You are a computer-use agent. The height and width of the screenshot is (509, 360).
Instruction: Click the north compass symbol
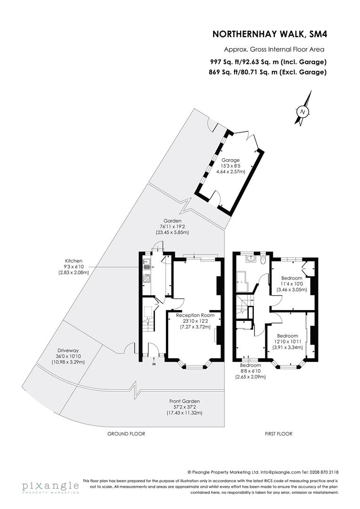pos(303,112)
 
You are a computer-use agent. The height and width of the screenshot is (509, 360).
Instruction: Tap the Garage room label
pos(231,160)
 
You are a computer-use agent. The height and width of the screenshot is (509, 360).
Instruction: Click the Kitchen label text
pos(74,260)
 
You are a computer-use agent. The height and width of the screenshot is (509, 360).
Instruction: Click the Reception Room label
pos(195,315)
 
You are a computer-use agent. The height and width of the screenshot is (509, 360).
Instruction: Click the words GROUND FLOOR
pos(126,434)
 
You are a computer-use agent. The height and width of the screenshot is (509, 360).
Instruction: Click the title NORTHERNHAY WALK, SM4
pos(269,34)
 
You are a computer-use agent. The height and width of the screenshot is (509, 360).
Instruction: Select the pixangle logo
pos(49,486)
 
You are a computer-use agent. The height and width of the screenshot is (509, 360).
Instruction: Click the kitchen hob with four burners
pos(147,278)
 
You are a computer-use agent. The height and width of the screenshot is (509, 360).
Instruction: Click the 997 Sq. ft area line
pos(268,62)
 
